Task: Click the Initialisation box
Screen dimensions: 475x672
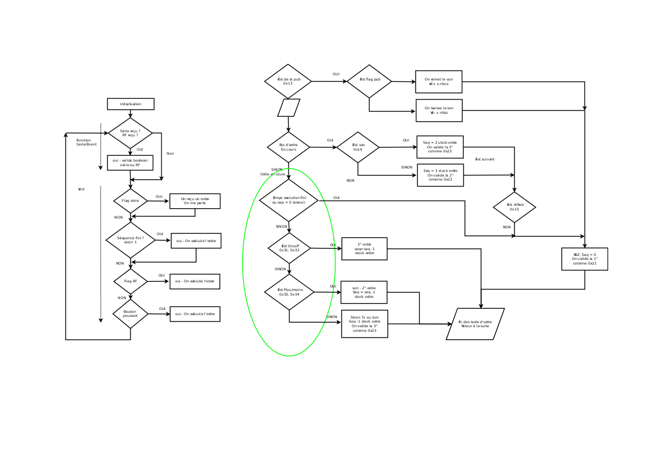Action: tap(130, 104)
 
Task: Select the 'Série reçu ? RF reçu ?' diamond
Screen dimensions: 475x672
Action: tap(130, 133)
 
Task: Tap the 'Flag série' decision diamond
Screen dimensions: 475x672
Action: tap(130, 201)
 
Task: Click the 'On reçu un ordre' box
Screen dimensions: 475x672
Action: tap(195, 201)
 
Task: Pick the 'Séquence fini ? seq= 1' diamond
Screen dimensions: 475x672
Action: tap(130, 240)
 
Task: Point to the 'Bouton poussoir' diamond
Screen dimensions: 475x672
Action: tap(130, 313)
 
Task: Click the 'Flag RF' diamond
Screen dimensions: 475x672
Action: tap(130, 281)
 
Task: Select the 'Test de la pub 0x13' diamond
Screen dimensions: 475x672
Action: tap(288, 81)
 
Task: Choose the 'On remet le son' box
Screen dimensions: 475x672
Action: tap(439, 82)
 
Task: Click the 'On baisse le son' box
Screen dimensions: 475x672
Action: tap(439, 110)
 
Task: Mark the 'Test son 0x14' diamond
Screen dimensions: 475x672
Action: tap(358, 147)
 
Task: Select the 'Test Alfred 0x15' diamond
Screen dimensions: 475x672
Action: tap(514, 207)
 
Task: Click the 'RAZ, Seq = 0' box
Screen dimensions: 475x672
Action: tap(585, 259)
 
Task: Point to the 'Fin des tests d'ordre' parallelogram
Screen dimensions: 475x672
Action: tap(475, 324)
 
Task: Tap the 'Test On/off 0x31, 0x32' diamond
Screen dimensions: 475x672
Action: tap(289, 248)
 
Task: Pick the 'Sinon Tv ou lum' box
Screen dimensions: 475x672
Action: tap(364, 324)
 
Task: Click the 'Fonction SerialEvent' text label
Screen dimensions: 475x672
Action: tap(86, 142)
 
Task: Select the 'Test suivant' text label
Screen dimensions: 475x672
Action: tap(485, 159)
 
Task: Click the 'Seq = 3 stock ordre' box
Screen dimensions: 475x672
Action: tap(440, 175)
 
